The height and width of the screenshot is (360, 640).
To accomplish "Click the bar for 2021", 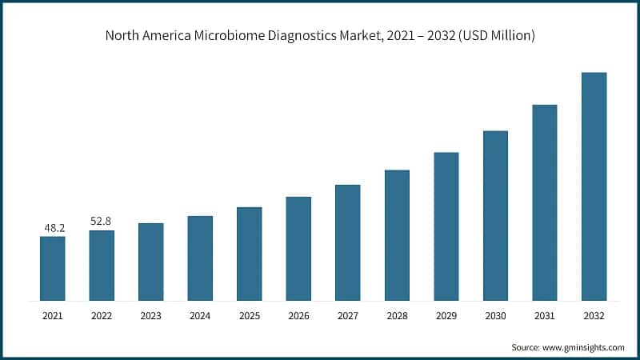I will pyautogui.click(x=53, y=268).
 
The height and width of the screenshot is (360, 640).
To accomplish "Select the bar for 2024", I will pyautogui.click(x=200, y=258).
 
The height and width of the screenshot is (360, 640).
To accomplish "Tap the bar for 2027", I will pyautogui.click(x=348, y=242).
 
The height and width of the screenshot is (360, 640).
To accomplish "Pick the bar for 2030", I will pyautogui.click(x=495, y=215).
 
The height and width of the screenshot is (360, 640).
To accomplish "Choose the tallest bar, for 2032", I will pyautogui.click(x=594, y=186).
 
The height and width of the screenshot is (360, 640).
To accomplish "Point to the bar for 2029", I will pyautogui.click(x=446, y=226).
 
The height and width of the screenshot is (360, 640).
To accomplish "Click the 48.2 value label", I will pyautogui.click(x=54, y=228).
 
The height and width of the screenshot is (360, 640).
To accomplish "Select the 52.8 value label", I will pyautogui.click(x=102, y=222).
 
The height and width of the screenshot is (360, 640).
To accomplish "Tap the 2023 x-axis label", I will pyautogui.click(x=150, y=316).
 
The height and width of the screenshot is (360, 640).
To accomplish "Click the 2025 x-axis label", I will pyautogui.click(x=249, y=316).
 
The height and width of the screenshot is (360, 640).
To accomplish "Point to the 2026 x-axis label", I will pyautogui.click(x=298, y=316).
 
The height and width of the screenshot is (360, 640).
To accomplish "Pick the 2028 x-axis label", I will pyautogui.click(x=397, y=316).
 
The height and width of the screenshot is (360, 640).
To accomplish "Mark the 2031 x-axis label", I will pyautogui.click(x=544, y=316).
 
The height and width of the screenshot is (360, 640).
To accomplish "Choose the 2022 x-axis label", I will pyautogui.click(x=102, y=316).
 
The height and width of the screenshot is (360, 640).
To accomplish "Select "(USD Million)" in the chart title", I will pyautogui.click(x=495, y=36).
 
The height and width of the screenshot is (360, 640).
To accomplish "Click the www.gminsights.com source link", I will pyautogui.click(x=584, y=347).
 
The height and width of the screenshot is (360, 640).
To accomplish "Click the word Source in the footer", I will pyautogui.click(x=526, y=347).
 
